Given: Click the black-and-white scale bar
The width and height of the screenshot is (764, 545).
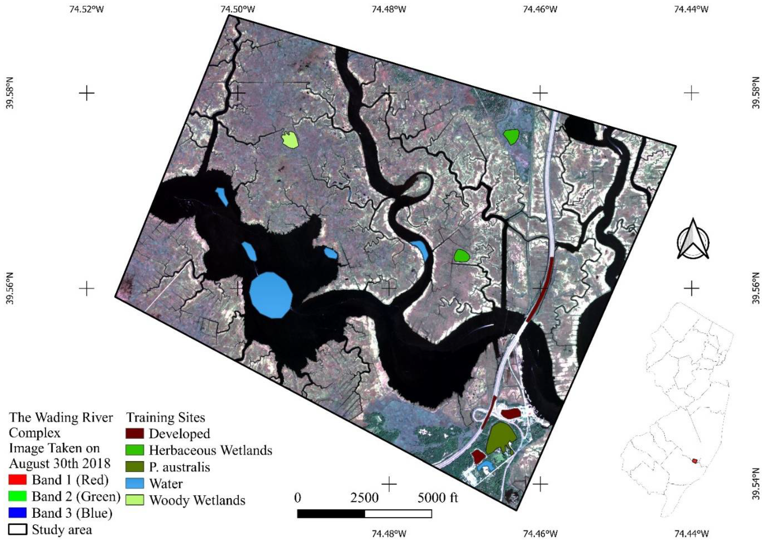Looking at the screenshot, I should click(x=364, y=514).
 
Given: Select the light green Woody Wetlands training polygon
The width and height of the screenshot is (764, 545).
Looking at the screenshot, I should click(x=290, y=140).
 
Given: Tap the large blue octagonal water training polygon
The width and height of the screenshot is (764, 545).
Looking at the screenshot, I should click(x=271, y=295).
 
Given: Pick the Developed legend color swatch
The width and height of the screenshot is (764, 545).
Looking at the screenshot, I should click(x=135, y=433).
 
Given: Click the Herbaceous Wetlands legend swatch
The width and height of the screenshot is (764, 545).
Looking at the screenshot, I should click(x=135, y=450).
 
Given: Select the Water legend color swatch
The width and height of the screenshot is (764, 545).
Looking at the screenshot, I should click(x=135, y=483).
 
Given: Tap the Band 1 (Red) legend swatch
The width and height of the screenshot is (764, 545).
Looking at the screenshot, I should click(x=17, y=480).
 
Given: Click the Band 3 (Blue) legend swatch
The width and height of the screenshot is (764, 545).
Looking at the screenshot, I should click(x=17, y=513).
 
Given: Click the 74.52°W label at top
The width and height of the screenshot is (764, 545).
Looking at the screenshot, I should click(x=87, y=9).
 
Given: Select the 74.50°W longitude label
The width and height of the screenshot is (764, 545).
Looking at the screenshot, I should click(x=238, y=9).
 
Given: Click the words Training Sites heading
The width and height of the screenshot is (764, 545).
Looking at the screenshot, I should click(x=166, y=417).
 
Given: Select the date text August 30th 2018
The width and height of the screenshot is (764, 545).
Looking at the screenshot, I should click(x=59, y=464).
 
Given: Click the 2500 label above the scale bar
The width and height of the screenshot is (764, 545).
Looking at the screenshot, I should click(x=364, y=498).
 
